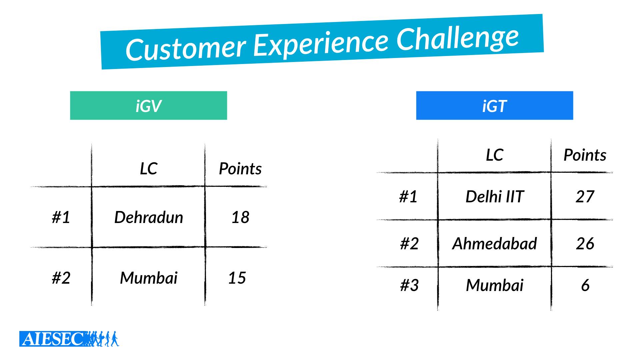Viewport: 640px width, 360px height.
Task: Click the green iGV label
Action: point(148,105)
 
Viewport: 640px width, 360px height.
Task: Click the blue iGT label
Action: point(494,105)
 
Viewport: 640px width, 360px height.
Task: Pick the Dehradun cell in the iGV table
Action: point(149,217)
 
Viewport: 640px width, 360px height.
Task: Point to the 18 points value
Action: point(240,217)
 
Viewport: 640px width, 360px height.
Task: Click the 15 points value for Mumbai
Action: point(237,278)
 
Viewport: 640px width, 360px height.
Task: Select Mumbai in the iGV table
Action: point(149,278)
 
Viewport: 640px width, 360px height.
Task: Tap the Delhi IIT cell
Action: point(495,196)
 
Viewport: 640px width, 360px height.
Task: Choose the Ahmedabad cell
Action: point(494,243)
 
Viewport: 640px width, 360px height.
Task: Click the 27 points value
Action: point(585,196)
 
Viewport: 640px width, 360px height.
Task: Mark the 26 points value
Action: point(585,243)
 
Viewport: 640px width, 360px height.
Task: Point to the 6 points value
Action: point(585,285)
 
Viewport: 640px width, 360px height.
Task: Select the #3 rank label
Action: point(409,285)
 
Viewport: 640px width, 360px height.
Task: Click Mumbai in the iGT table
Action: point(495,285)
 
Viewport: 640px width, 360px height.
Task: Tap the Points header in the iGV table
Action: point(240,168)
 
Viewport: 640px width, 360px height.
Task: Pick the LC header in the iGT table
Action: point(494,155)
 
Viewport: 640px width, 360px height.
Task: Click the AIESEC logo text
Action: point(53,339)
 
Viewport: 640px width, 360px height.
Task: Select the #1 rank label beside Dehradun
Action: point(61,217)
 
